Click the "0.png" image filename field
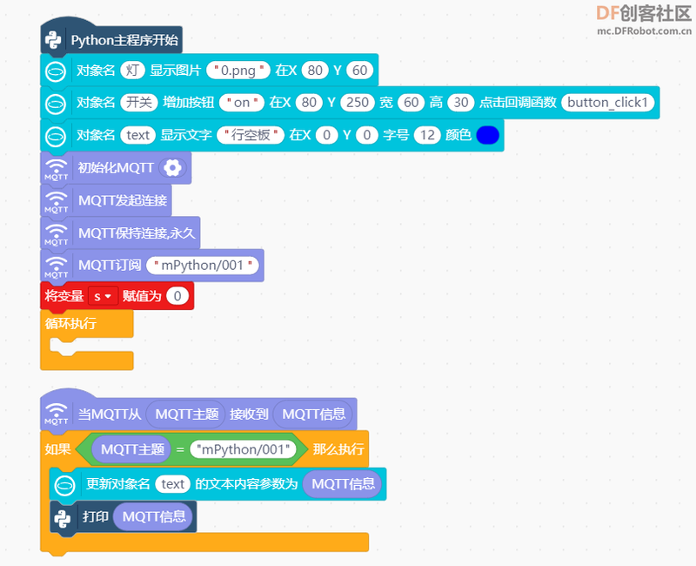click(x=238, y=71)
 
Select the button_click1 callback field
click(x=607, y=103)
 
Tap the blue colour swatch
click(x=487, y=135)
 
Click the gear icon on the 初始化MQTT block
click(x=172, y=167)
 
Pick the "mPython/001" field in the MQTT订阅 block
click(x=203, y=266)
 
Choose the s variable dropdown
click(x=103, y=296)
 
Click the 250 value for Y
click(x=358, y=103)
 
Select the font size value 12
click(x=427, y=135)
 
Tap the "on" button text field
click(x=242, y=103)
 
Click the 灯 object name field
click(x=132, y=71)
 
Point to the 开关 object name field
click(x=139, y=103)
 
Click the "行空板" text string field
click(x=251, y=135)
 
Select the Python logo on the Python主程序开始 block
click(x=53, y=40)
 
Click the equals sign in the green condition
click(x=180, y=449)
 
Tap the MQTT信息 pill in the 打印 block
click(x=154, y=516)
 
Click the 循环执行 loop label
click(x=70, y=323)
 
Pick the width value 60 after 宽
click(x=411, y=103)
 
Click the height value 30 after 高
click(x=461, y=103)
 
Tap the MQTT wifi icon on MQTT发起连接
click(x=57, y=201)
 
